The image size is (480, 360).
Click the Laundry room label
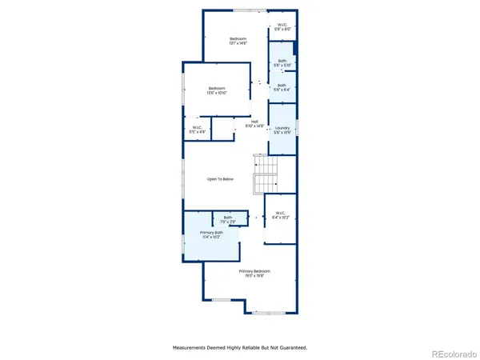[x=282, y=128]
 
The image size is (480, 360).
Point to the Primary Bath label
[x=212, y=232]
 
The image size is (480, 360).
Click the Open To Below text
[x=220, y=179]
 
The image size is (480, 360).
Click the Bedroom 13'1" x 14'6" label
[x=238, y=39]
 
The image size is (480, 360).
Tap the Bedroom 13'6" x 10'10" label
[x=217, y=88]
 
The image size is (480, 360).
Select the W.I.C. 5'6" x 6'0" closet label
[x=282, y=25]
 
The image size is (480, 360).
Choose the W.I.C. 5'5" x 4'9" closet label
[x=197, y=127]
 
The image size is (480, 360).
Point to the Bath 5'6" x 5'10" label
[x=282, y=62]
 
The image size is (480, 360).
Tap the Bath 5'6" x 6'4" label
[x=282, y=86]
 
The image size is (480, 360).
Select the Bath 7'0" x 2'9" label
[x=227, y=218]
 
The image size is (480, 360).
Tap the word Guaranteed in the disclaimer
[x=292, y=348]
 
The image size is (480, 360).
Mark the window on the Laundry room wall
[x=297, y=128]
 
